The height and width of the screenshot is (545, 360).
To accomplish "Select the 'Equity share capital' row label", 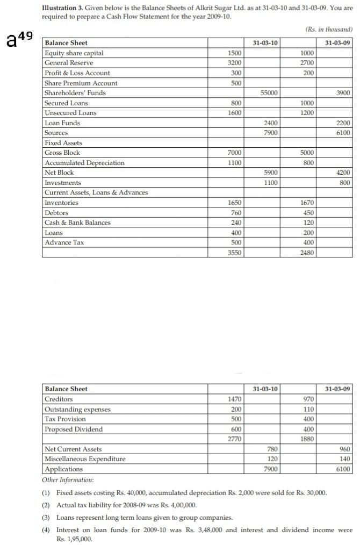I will pyautogui.click(x=74, y=53).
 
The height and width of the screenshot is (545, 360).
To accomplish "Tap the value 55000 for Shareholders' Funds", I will pyautogui.click(x=269, y=93).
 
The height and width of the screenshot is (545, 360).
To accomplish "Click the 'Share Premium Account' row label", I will pyautogui.click(x=81, y=83).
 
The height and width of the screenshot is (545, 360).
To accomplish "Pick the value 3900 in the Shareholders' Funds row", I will pyautogui.click(x=343, y=93).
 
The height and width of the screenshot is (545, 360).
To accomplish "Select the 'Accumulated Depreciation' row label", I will pyautogui.click(x=84, y=163).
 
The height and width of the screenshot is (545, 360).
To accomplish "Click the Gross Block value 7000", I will pyautogui.click(x=235, y=153).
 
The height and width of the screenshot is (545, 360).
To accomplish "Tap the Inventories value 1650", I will pyautogui.click(x=235, y=203).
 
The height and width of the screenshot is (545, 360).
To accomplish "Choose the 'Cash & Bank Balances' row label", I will pyautogui.click(x=77, y=223).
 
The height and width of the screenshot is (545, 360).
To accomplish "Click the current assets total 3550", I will pyautogui.click(x=235, y=253).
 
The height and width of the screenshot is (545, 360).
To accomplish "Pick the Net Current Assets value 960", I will pyautogui.click(x=344, y=449).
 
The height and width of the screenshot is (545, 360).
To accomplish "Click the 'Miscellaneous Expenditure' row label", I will pyautogui.click(x=85, y=459).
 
